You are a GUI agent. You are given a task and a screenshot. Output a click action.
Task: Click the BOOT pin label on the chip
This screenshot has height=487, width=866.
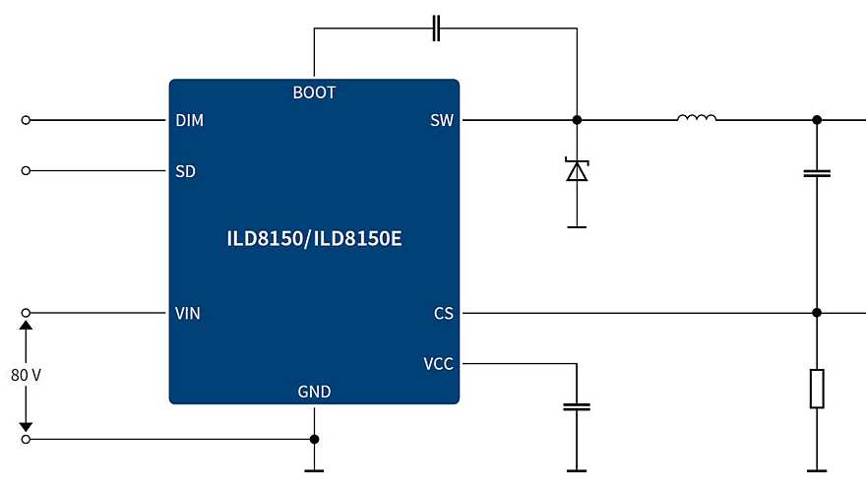314,92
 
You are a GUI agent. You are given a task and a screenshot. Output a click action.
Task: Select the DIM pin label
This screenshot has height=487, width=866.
189,120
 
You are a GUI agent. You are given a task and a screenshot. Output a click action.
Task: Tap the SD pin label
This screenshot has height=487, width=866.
185,171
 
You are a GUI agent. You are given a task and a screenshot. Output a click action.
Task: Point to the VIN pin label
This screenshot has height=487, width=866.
188,314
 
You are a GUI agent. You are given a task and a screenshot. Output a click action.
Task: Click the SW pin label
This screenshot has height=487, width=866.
442,120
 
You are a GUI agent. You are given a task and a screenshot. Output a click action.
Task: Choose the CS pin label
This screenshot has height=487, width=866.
444,314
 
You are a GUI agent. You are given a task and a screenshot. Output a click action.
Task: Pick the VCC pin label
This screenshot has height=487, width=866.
439,364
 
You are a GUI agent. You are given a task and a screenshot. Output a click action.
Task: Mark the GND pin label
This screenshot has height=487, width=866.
314,392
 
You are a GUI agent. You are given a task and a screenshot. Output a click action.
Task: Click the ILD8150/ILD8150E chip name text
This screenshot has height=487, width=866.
314,239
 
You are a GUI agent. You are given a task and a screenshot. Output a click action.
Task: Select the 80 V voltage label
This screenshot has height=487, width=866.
26,375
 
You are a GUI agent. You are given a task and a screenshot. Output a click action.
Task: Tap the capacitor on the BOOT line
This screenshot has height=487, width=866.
436,29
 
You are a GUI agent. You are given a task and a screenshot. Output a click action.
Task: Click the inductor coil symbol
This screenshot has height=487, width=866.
697,119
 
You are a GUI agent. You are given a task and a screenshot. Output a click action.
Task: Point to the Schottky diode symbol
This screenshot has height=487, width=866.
577,170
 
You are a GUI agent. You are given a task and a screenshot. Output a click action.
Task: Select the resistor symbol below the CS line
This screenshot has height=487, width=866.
816,389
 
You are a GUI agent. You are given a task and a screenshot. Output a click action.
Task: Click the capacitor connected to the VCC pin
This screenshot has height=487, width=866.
577,405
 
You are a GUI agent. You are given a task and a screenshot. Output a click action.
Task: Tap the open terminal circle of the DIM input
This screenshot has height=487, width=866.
26,120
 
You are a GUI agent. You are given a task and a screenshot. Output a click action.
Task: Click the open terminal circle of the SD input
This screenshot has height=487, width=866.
26,171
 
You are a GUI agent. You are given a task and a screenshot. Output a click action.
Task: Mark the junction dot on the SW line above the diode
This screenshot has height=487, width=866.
577,120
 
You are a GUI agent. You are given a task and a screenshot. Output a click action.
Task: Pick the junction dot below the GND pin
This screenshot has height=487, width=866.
314,439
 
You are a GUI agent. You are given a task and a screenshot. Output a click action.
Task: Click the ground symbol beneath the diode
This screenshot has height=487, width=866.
577,226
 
